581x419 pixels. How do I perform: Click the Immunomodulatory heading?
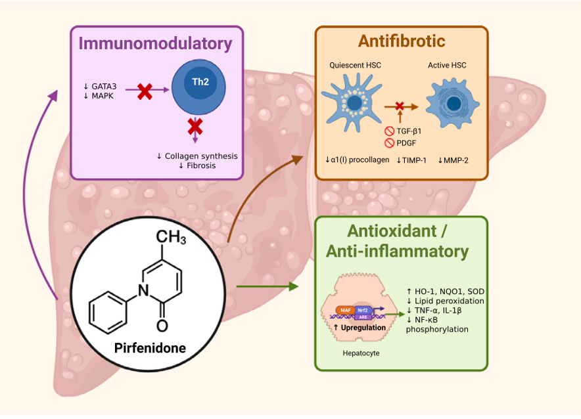click(x=156, y=44)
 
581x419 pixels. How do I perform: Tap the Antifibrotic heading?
click(x=402, y=41)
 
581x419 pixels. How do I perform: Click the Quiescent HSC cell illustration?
click(x=353, y=102)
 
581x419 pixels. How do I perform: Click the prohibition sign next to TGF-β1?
click(x=389, y=131)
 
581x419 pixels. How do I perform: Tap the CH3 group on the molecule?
click(x=173, y=237)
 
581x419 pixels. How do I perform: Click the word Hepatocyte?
click(x=361, y=353)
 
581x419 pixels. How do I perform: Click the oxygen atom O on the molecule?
click(x=162, y=324)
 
